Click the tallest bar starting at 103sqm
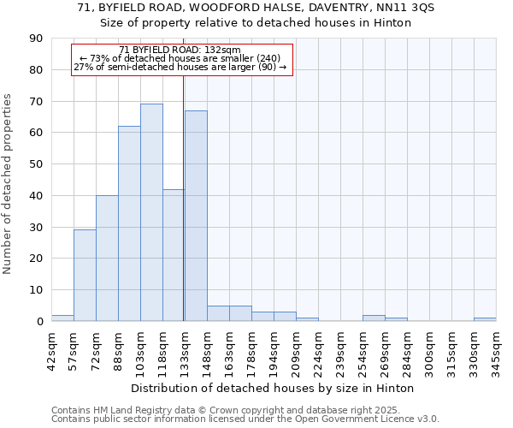[x=151, y=212]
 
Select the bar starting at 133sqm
[x=196, y=216]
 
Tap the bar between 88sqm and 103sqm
[x=129, y=223]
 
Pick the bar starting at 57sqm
[x=85, y=276]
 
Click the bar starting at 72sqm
[x=107, y=259]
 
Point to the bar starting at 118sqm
[x=174, y=255]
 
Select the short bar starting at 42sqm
[x=62, y=318]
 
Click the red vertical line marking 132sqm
[x=184, y=197]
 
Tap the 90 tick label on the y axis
[x=36, y=39]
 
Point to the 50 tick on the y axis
[x=36, y=164]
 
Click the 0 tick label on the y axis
[x=39, y=322]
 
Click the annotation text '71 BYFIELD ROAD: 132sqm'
[x=180, y=51]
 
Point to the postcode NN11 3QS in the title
[x=411, y=8]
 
